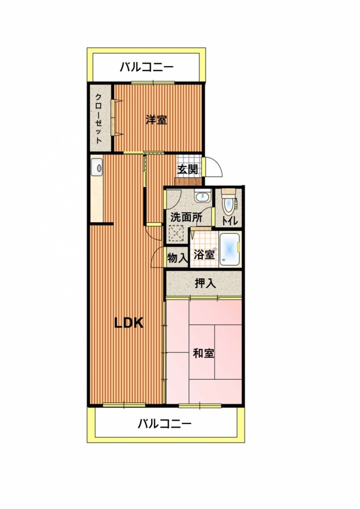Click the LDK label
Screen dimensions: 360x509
coord(129,323)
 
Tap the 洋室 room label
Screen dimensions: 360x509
coord(157,120)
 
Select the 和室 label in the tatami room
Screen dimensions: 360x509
coord(203,353)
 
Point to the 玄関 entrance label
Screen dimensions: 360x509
coord(187,169)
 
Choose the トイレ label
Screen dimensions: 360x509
coord(230,221)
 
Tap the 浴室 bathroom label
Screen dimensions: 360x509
coord(204,254)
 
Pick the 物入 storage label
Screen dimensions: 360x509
coord(178,258)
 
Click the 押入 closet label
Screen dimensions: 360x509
coord(205,283)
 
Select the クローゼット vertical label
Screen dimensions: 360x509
coord(98,118)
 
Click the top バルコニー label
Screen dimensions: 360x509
coord(147,67)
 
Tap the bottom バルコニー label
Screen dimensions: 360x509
coord(165,424)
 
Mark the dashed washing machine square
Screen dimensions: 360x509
coord(177,233)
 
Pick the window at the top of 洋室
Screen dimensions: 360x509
coord(153,83)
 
